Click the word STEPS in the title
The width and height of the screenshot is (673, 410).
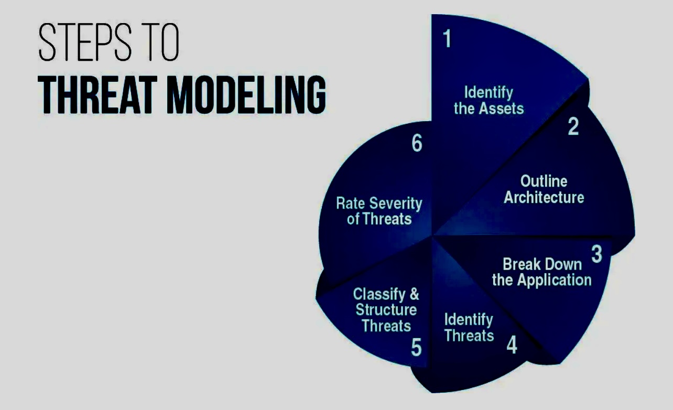click(85, 41)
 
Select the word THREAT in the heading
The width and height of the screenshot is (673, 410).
click(97, 94)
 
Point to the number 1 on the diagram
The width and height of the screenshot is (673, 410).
click(447, 38)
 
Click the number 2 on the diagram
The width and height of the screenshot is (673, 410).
click(573, 126)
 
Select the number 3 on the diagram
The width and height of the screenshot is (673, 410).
click(596, 254)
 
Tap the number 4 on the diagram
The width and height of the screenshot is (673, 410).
click(512, 345)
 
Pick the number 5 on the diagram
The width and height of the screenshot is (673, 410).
click(416, 348)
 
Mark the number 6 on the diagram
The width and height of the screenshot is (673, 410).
click(417, 143)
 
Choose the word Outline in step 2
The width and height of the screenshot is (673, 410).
click(544, 181)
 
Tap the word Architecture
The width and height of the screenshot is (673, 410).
click(544, 198)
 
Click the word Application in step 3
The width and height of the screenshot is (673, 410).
click(555, 280)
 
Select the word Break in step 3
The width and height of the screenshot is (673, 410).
click(522, 264)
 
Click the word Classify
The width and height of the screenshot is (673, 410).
click(379, 294)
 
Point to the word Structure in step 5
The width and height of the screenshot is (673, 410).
click(386, 310)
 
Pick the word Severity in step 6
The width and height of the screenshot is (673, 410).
click(396, 203)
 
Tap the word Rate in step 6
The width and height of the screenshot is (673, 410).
click(350, 203)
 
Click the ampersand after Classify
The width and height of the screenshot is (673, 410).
click(414, 294)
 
